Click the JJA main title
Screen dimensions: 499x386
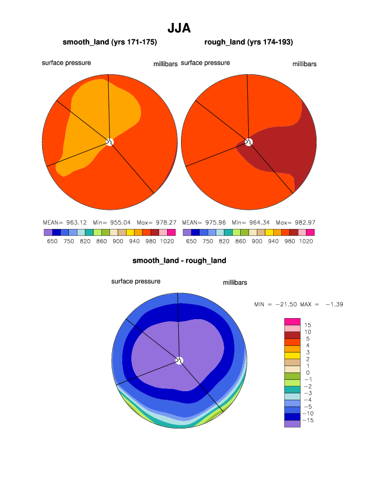pos(179,28)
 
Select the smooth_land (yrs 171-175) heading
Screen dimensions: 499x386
pos(109,42)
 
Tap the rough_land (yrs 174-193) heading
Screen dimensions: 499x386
pos(248,42)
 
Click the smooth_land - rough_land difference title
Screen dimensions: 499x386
pos(179,261)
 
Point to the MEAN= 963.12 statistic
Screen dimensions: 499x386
pos(60,222)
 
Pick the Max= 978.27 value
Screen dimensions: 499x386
pos(159,222)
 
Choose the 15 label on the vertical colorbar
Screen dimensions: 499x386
pos(308,325)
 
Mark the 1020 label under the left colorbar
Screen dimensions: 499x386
pos(167,241)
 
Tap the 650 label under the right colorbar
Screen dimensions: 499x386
pos(192,241)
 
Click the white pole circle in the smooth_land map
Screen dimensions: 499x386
pos(110,142)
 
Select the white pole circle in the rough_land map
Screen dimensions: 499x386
pos(249,142)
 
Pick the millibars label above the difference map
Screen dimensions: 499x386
pos(235,283)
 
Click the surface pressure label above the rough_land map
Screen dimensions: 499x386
pos(206,63)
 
